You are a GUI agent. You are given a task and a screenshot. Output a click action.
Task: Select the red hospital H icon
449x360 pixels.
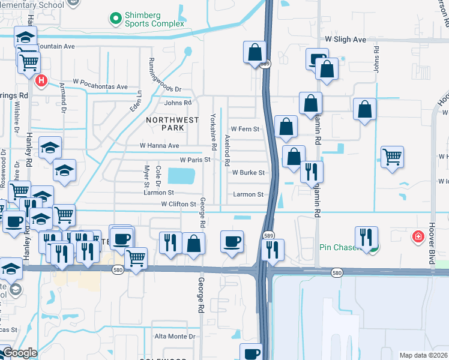[x=41, y=80]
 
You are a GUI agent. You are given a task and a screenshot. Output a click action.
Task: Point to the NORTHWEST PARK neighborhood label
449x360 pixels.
[x=173, y=124]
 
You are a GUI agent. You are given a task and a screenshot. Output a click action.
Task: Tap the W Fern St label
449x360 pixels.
[x=245, y=129]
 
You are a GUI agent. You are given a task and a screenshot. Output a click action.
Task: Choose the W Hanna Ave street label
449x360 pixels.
[x=159, y=145]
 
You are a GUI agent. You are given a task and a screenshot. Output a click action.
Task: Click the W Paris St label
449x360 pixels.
[x=195, y=160]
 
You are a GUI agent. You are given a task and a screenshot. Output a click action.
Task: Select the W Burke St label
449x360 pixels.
[x=248, y=173]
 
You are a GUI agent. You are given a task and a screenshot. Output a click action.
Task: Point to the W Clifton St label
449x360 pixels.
[x=178, y=204]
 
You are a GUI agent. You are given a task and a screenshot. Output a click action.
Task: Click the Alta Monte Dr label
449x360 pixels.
[x=175, y=337]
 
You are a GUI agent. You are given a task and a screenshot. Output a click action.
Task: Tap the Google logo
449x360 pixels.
[x=20, y=353]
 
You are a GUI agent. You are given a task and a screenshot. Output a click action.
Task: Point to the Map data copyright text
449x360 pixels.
[x=424, y=355]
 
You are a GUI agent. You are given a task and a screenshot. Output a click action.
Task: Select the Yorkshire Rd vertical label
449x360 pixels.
[x=212, y=132]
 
